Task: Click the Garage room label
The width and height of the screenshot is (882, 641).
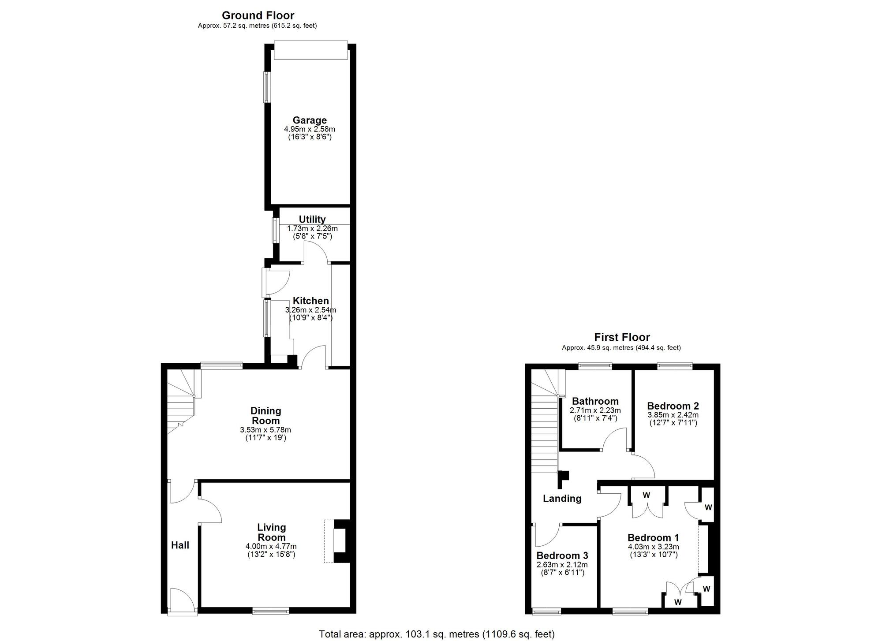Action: [x=310, y=120]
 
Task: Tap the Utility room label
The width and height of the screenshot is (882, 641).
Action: [x=312, y=220]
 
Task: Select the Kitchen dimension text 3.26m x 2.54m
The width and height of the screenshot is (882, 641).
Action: [x=310, y=310]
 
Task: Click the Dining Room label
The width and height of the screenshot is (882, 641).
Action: [x=265, y=416]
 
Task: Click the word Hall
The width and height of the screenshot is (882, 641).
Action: [x=180, y=545]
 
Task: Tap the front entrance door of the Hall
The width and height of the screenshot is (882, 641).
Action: [x=182, y=602]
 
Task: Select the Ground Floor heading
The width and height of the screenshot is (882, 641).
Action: [x=258, y=16]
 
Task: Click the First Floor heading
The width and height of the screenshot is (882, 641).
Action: [x=622, y=337]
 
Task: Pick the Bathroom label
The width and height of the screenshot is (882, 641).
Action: [x=595, y=401]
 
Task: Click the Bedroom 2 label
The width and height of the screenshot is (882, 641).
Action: [x=673, y=406]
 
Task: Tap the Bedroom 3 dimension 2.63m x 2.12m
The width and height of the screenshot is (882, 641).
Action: [x=562, y=565]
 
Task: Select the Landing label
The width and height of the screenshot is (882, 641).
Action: [x=562, y=499]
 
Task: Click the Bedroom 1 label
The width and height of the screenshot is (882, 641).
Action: [x=653, y=538]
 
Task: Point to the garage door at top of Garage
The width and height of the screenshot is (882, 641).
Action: [x=310, y=50]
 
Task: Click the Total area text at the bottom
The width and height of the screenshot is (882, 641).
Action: [x=437, y=634]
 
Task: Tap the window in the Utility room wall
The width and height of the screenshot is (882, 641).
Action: [x=275, y=230]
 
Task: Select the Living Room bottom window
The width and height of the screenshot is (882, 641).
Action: [x=271, y=611]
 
